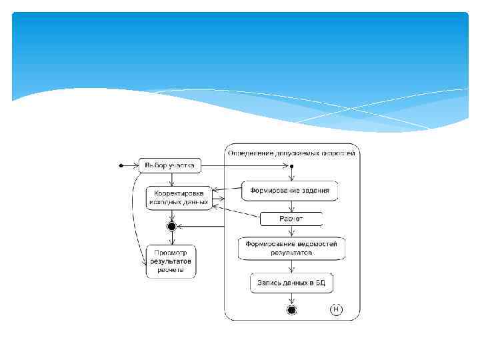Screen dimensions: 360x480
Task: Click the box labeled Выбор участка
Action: pyautogui.click(x=169, y=165)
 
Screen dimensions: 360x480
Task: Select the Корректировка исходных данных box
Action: pyautogui.click(x=178, y=197)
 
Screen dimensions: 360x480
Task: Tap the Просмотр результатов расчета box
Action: pyautogui.click(x=171, y=261)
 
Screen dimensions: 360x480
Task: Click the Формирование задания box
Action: pyautogui.click(x=289, y=191)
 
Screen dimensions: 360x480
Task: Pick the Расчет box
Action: pyautogui.click(x=291, y=219)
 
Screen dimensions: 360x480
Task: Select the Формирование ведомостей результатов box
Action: pyautogui.click(x=291, y=249)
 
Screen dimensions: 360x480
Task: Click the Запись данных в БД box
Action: pyautogui.click(x=291, y=283)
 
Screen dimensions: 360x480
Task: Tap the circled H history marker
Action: pyautogui.click(x=337, y=309)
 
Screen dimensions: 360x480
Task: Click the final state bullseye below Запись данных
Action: pyautogui.click(x=291, y=310)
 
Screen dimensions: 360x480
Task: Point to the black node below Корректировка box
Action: pyautogui.click(x=171, y=226)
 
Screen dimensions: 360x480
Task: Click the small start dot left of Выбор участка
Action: pyautogui.click(x=120, y=165)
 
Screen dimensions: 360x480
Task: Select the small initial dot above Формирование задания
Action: pyautogui.click(x=291, y=165)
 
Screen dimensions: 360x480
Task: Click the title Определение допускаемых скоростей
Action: pyautogui.click(x=291, y=153)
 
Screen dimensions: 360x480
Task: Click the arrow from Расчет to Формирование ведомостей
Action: pyautogui.click(x=291, y=231)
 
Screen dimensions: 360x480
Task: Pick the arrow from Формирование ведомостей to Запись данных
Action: pyautogui.click(x=291, y=267)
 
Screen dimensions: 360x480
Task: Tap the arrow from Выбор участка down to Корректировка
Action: pyautogui.click(x=171, y=179)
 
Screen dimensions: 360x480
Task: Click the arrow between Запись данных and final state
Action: pyautogui.click(x=291, y=299)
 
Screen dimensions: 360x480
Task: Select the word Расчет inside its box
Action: pyautogui.click(x=291, y=219)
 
